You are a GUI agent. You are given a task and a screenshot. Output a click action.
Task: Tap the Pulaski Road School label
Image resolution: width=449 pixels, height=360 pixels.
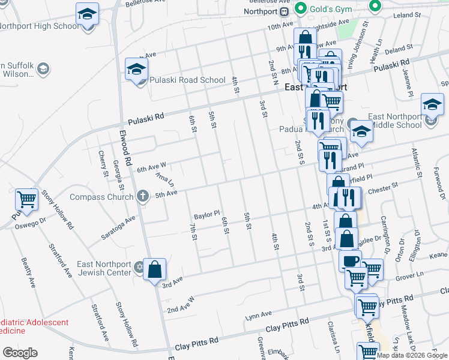179,80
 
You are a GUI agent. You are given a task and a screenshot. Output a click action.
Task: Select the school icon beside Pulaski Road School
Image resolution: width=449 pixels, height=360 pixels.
136,70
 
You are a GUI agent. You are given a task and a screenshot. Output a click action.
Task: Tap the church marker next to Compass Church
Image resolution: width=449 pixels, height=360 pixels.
143,196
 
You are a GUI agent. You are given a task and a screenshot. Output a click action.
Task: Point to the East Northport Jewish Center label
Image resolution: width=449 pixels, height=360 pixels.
104,268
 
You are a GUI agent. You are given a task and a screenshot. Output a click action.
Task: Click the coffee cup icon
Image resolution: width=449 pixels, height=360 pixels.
351,261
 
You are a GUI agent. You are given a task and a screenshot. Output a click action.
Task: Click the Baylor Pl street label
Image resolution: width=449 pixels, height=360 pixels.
207,213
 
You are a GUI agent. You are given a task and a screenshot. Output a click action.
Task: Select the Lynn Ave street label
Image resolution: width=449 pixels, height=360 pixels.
259,314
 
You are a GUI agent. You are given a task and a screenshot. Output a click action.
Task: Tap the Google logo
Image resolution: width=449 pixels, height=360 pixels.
20,353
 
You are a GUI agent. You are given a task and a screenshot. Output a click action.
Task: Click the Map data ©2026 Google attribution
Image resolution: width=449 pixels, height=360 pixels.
412,355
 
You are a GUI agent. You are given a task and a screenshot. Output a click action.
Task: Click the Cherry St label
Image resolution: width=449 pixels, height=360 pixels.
101,160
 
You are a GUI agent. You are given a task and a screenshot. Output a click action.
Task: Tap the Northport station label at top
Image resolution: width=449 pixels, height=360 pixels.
261,11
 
